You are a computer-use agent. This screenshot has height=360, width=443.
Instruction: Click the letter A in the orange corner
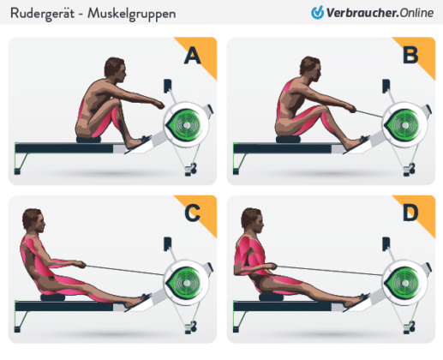pyautogui.click(x=193, y=57)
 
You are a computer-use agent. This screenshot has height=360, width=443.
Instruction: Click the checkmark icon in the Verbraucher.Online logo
pyautogui.click(x=318, y=13)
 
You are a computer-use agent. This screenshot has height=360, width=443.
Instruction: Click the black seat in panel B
pyautogui.click(x=289, y=138)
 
